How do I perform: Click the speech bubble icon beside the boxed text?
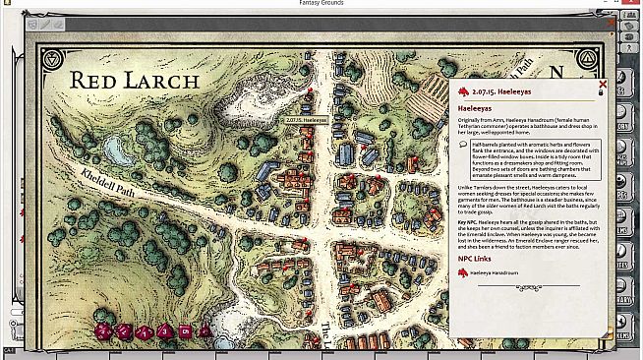pyautogui.click(x=463, y=144)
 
